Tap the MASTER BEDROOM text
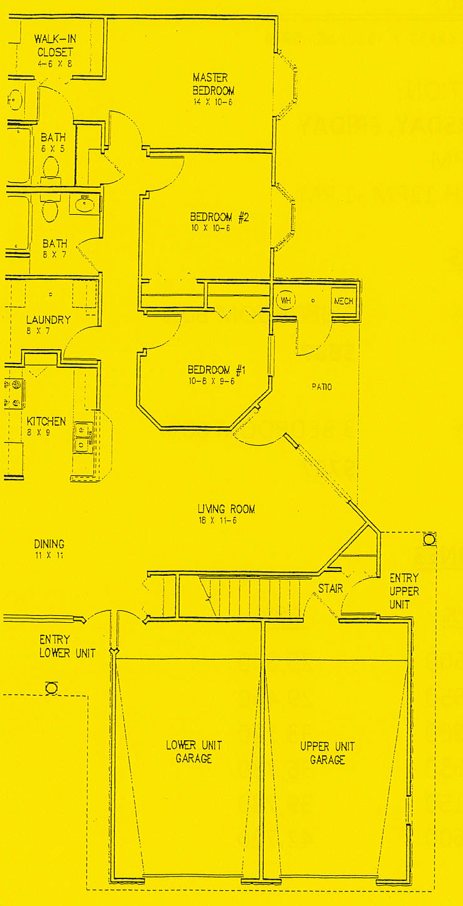click(x=213, y=84)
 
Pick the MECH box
click(x=343, y=301)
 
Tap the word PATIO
click(x=322, y=387)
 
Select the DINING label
click(x=49, y=544)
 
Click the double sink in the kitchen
click(x=82, y=436)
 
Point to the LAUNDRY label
click(x=48, y=320)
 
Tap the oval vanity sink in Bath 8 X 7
click(x=85, y=204)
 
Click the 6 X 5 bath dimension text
click(x=53, y=149)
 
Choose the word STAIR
click(x=330, y=589)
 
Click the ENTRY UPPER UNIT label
click(x=404, y=591)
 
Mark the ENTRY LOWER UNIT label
click(x=67, y=647)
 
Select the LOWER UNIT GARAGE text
click(x=193, y=752)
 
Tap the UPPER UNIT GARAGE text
click(x=327, y=753)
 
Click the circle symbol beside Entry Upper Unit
click(x=429, y=539)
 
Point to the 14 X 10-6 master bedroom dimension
click(x=213, y=102)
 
